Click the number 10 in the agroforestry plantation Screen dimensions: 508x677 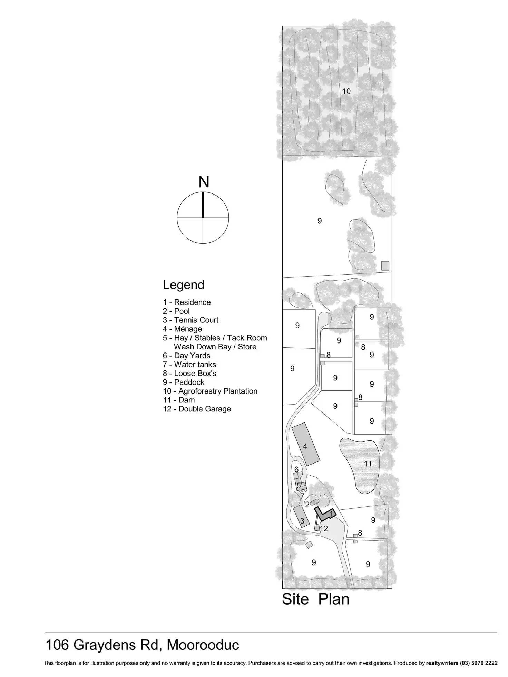[x=346, y=91]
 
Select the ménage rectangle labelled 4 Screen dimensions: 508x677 [x=305, y=444]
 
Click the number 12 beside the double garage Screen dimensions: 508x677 [x=324, y=528]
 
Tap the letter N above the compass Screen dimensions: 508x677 [x=204, y=182]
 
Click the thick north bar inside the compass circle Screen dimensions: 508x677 [x=203, y=205]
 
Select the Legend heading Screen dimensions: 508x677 [x=183, y=285]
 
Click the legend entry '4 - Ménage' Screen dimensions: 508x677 [x=182, y=329]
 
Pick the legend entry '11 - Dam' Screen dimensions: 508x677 [x=179, y=400]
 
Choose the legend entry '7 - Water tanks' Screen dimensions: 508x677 [x=189, y=365]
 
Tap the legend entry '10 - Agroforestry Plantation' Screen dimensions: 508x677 [x=210, y=391]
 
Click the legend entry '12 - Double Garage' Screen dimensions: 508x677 [x=197, y=409]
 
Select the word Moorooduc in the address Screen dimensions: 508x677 [x=203, y=645]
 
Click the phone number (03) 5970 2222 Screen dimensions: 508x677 [x=479, y=663]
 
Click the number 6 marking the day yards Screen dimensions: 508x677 [x=296, y=469]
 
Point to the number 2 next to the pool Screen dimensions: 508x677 [x=307, y=505]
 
